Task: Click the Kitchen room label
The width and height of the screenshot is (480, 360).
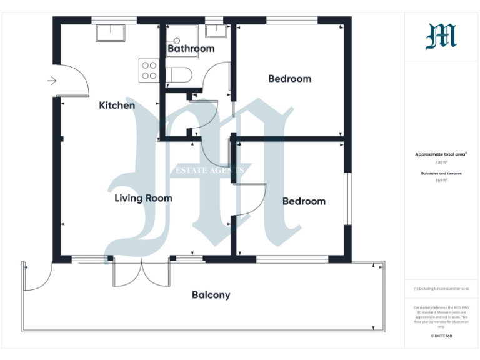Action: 117,105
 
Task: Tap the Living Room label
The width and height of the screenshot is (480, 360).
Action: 143,198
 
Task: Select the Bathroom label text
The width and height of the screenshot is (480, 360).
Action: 191,48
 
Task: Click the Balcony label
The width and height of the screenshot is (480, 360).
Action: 211,295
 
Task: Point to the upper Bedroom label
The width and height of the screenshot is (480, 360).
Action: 289,79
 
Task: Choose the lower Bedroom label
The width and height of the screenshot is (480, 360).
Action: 304,201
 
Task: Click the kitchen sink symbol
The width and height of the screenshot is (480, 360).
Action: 111,33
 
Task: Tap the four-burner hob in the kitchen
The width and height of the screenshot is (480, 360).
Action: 149,69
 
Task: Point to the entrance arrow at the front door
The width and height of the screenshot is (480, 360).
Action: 52,81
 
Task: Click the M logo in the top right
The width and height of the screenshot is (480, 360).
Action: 441,36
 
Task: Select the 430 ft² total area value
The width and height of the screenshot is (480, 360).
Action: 442,162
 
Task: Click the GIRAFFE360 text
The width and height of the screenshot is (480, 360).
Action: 441,336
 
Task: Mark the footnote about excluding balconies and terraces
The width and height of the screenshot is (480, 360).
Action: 441,289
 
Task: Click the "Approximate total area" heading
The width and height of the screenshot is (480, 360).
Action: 441,154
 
